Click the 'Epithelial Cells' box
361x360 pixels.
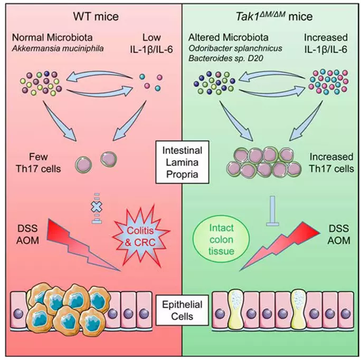[x=180, y=310]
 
